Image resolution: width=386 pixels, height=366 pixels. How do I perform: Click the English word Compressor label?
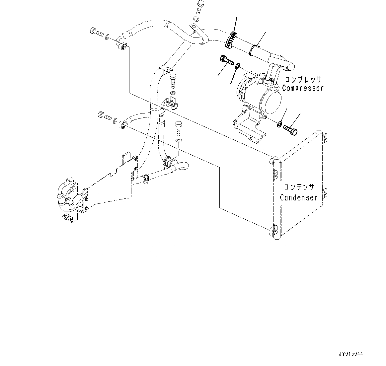[302, 88]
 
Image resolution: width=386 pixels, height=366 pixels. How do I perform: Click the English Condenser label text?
[298, 198]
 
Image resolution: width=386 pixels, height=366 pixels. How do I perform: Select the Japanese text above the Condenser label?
[298, 187]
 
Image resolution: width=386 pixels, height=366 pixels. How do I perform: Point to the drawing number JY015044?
[351, 354]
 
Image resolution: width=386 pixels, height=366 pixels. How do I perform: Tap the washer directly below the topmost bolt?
[196, 19]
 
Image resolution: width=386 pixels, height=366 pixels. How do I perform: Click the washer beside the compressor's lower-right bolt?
[280, 124]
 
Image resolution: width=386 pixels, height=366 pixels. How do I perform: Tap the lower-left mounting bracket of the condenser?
[275, 229]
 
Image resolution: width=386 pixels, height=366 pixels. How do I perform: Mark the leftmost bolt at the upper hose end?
[94, 32]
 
